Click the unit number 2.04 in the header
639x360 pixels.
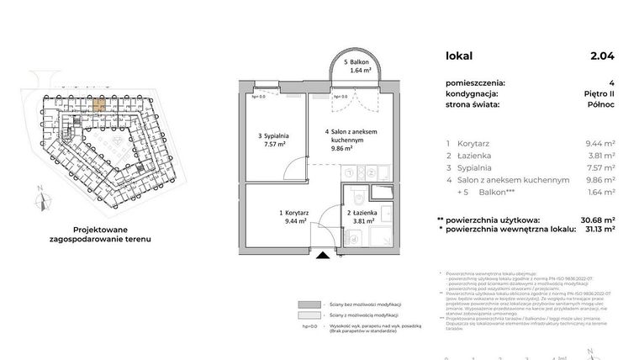(x=602, y=56)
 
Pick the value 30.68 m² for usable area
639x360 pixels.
(x=594, y=220)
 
